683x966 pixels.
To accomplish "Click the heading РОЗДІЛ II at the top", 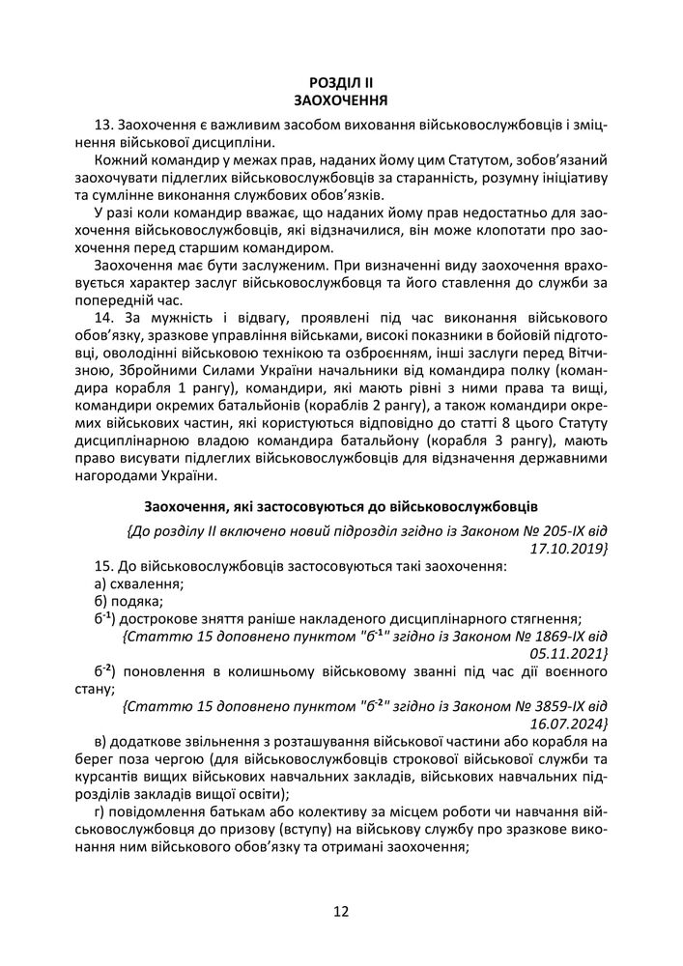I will [341, 83].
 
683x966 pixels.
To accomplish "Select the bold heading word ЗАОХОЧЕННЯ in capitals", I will [341, 99].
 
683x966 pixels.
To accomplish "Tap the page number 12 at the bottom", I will [341, 911].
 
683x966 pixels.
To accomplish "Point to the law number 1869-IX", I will [557, 637].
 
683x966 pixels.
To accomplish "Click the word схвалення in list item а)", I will [146, 583].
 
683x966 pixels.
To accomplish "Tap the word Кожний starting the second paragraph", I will [122, 159].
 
